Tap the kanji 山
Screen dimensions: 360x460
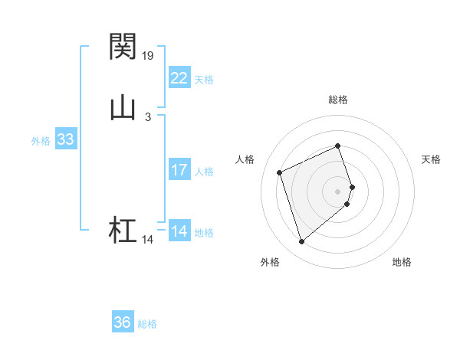(123, 108)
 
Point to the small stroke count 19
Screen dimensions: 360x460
(149, 55)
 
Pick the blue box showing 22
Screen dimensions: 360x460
(179, 78)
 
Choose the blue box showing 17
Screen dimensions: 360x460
(179, 170)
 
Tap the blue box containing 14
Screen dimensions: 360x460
(179, 231)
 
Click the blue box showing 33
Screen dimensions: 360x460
(65, 139)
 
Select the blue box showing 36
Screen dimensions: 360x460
(123, 322)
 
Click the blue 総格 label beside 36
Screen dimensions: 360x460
(147, 324)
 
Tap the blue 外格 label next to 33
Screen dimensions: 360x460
(41, 141)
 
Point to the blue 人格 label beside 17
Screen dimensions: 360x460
(204, 172)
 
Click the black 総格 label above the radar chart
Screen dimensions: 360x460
(338, 100)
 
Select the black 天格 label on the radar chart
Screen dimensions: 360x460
(431, 159)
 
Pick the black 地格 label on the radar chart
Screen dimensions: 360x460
(402, 262)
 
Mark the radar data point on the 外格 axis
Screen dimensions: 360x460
(301, 242)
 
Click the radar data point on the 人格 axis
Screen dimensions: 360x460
(281, 172)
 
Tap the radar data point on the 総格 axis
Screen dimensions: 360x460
(338, 146)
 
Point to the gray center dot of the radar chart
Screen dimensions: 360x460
(338, 190)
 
